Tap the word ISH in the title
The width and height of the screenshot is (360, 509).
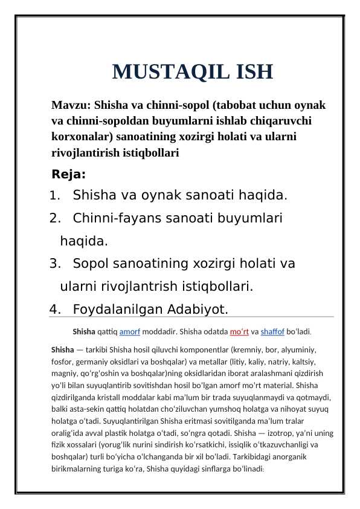tap(249, 73)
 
